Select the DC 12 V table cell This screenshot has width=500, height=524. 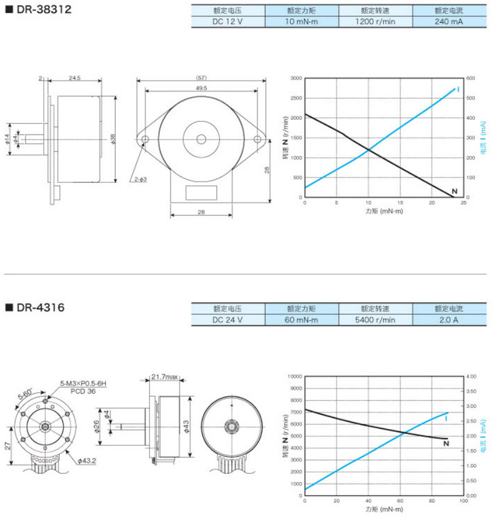228,21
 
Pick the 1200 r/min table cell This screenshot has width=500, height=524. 375,21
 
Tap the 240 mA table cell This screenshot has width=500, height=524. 449,21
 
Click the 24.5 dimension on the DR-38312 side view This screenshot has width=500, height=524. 75,78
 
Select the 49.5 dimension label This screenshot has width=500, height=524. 201,88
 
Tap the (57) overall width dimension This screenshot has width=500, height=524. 201,77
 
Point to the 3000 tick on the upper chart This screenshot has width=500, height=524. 296,78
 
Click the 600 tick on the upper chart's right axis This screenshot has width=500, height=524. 470,78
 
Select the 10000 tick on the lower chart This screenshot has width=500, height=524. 294,376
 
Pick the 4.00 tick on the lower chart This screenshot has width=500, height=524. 472,376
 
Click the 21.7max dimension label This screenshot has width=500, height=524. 165,377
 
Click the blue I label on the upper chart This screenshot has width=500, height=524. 459,90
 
